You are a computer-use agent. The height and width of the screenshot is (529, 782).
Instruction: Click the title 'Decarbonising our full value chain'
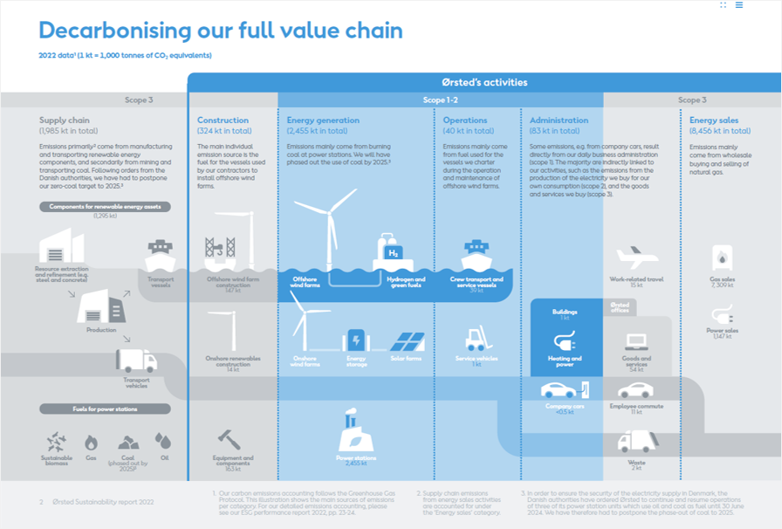[221, 31]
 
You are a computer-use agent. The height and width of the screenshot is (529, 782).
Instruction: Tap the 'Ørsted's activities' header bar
[484, 82]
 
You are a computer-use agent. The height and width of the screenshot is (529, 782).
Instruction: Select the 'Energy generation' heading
[323, 120]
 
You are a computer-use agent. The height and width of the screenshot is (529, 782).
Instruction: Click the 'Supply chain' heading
[65, 120]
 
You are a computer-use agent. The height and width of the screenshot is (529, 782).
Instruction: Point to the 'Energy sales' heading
[715, 120]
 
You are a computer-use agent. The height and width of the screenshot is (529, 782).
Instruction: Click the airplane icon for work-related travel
[636, 258]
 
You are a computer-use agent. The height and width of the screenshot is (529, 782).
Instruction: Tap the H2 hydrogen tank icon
[393, 251]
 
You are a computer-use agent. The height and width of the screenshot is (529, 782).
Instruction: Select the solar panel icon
[407, 340]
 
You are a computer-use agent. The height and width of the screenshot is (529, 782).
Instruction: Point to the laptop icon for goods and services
[635, 342]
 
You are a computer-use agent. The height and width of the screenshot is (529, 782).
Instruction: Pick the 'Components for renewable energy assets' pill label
[105, 207]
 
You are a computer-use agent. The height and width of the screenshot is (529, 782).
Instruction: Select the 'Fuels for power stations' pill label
[105, 409]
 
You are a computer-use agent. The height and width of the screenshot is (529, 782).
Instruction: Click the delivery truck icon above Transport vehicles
[136, 360]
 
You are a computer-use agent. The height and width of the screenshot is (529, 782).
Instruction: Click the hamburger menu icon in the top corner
[739, 5]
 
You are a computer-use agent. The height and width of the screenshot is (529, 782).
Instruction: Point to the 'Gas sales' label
[723, 279]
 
